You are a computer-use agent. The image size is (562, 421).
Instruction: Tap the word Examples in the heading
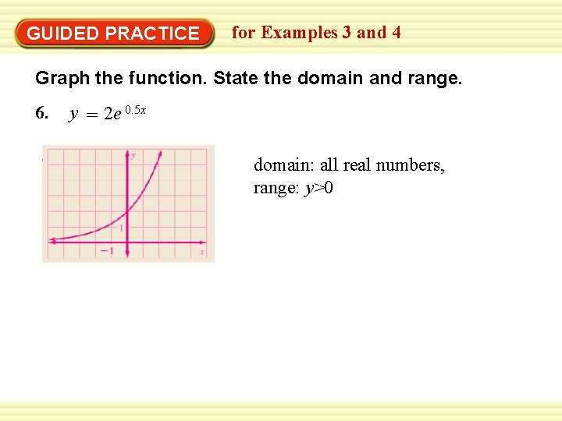coord(300,33)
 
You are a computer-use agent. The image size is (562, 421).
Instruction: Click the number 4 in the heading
coord(397,33)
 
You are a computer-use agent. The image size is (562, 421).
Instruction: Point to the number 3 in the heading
coord(345,33)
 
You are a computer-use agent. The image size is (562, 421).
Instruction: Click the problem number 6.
coord(42,114)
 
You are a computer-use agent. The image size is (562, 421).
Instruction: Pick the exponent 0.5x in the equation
coord(135,110)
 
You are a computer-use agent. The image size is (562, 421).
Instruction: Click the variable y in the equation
coord(73,115)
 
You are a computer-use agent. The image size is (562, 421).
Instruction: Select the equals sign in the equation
coord(92,115)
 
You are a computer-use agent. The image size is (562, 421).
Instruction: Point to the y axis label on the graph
coord(133,155)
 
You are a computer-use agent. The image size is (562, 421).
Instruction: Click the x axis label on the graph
coord(201,251)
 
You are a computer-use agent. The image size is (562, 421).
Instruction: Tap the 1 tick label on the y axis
coord(121,228)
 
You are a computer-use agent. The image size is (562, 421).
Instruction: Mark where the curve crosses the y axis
coord(127,211)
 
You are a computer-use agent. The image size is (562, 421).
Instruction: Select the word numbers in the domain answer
coord(414,165)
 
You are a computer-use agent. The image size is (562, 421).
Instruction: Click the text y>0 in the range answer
coord(318,188)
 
